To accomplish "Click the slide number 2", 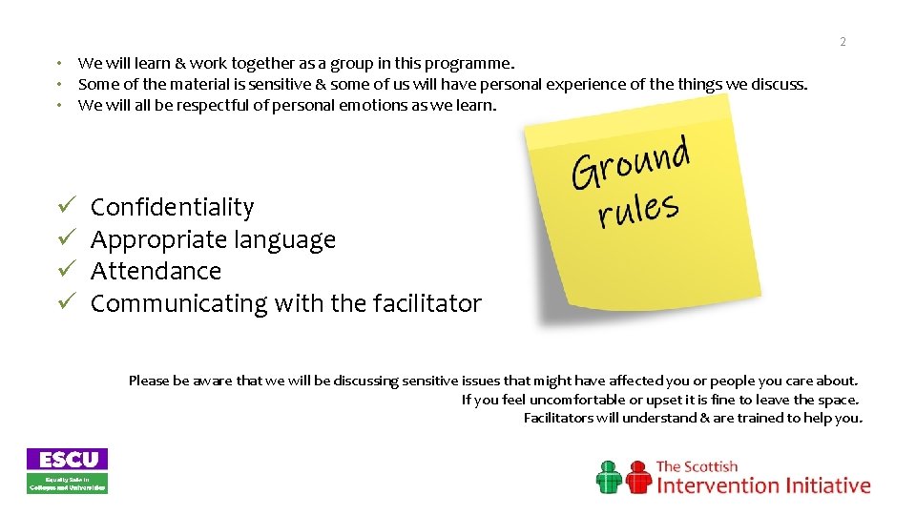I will [x=843, y=42].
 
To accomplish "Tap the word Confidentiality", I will [x=172, y=207].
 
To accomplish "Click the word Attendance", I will [x=156, y=271].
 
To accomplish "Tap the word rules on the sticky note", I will [x=638, y=209].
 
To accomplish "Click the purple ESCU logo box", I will [x=67, y=459].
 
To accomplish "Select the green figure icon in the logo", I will [x=610, y=477].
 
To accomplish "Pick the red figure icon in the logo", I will [x=636, y=477].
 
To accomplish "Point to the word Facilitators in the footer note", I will [x=558, y=418].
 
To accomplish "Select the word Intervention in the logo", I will [x=718, y=485].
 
